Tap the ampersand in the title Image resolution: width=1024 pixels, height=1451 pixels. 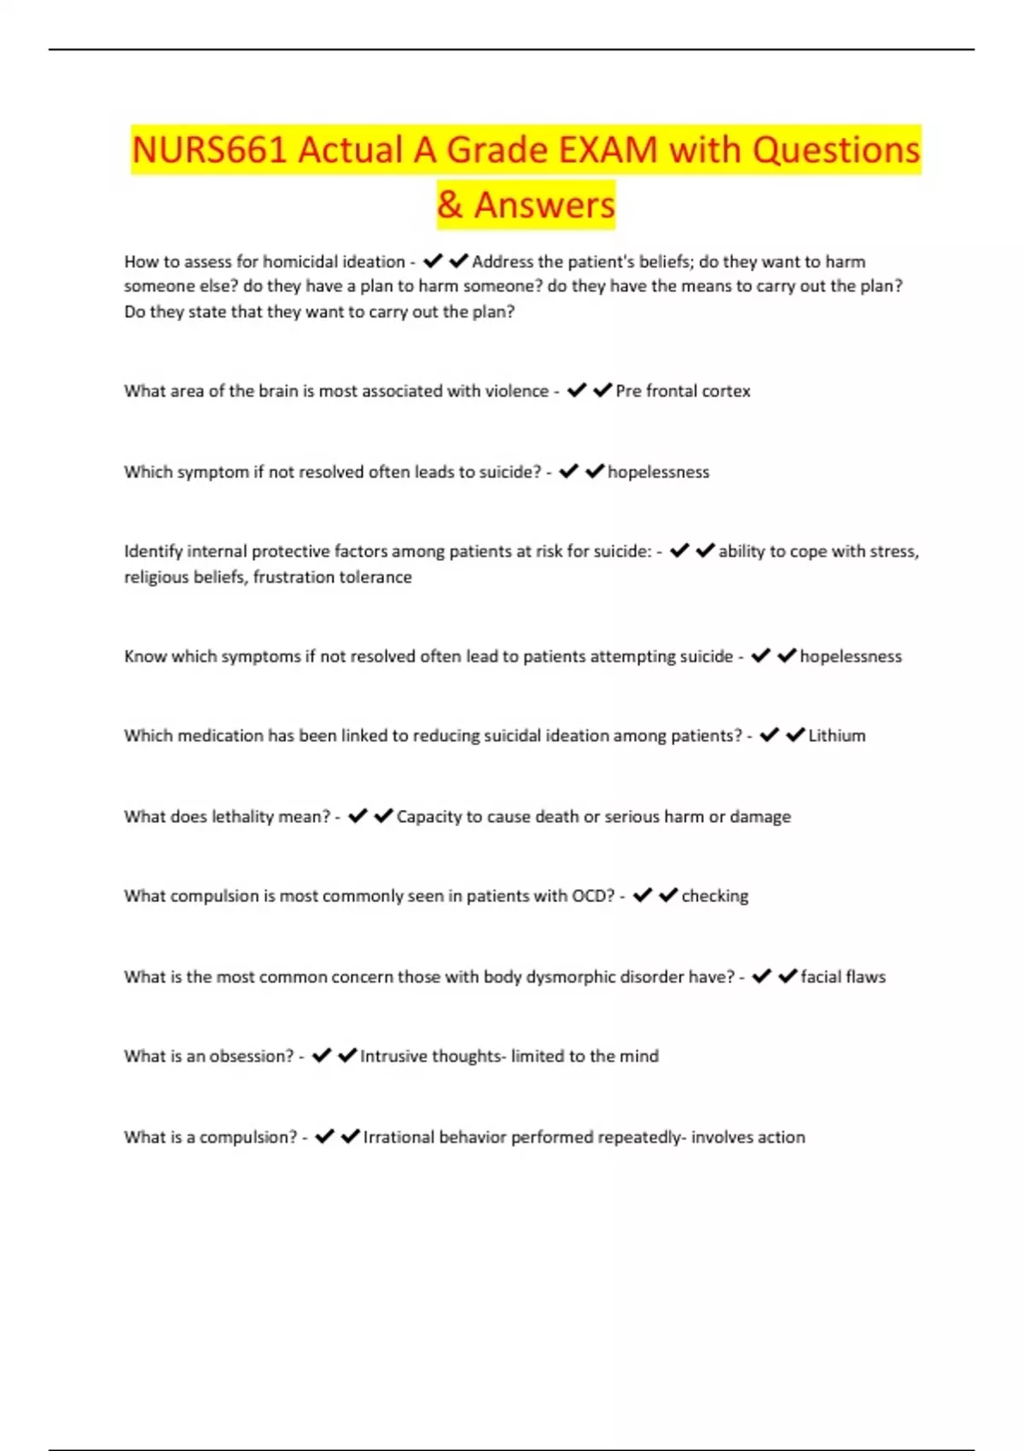(450, 206)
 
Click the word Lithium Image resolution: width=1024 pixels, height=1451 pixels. (836, 736)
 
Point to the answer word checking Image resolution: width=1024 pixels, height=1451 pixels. (714, 896)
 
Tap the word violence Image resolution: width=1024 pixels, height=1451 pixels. (516, 391)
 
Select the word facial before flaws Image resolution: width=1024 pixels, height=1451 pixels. (820, 977)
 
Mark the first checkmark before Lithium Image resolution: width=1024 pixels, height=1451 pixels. (769, 735)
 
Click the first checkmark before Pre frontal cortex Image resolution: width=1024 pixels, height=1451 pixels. (577, 390)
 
